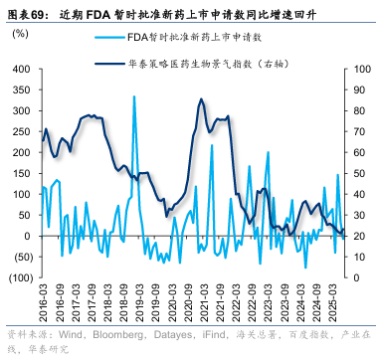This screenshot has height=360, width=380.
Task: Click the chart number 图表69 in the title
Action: click(28, 13)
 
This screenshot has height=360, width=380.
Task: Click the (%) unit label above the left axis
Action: click(20, 34)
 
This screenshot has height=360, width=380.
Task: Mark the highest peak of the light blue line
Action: click(134, 96)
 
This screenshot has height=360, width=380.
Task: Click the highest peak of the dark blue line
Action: click(201, 99)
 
